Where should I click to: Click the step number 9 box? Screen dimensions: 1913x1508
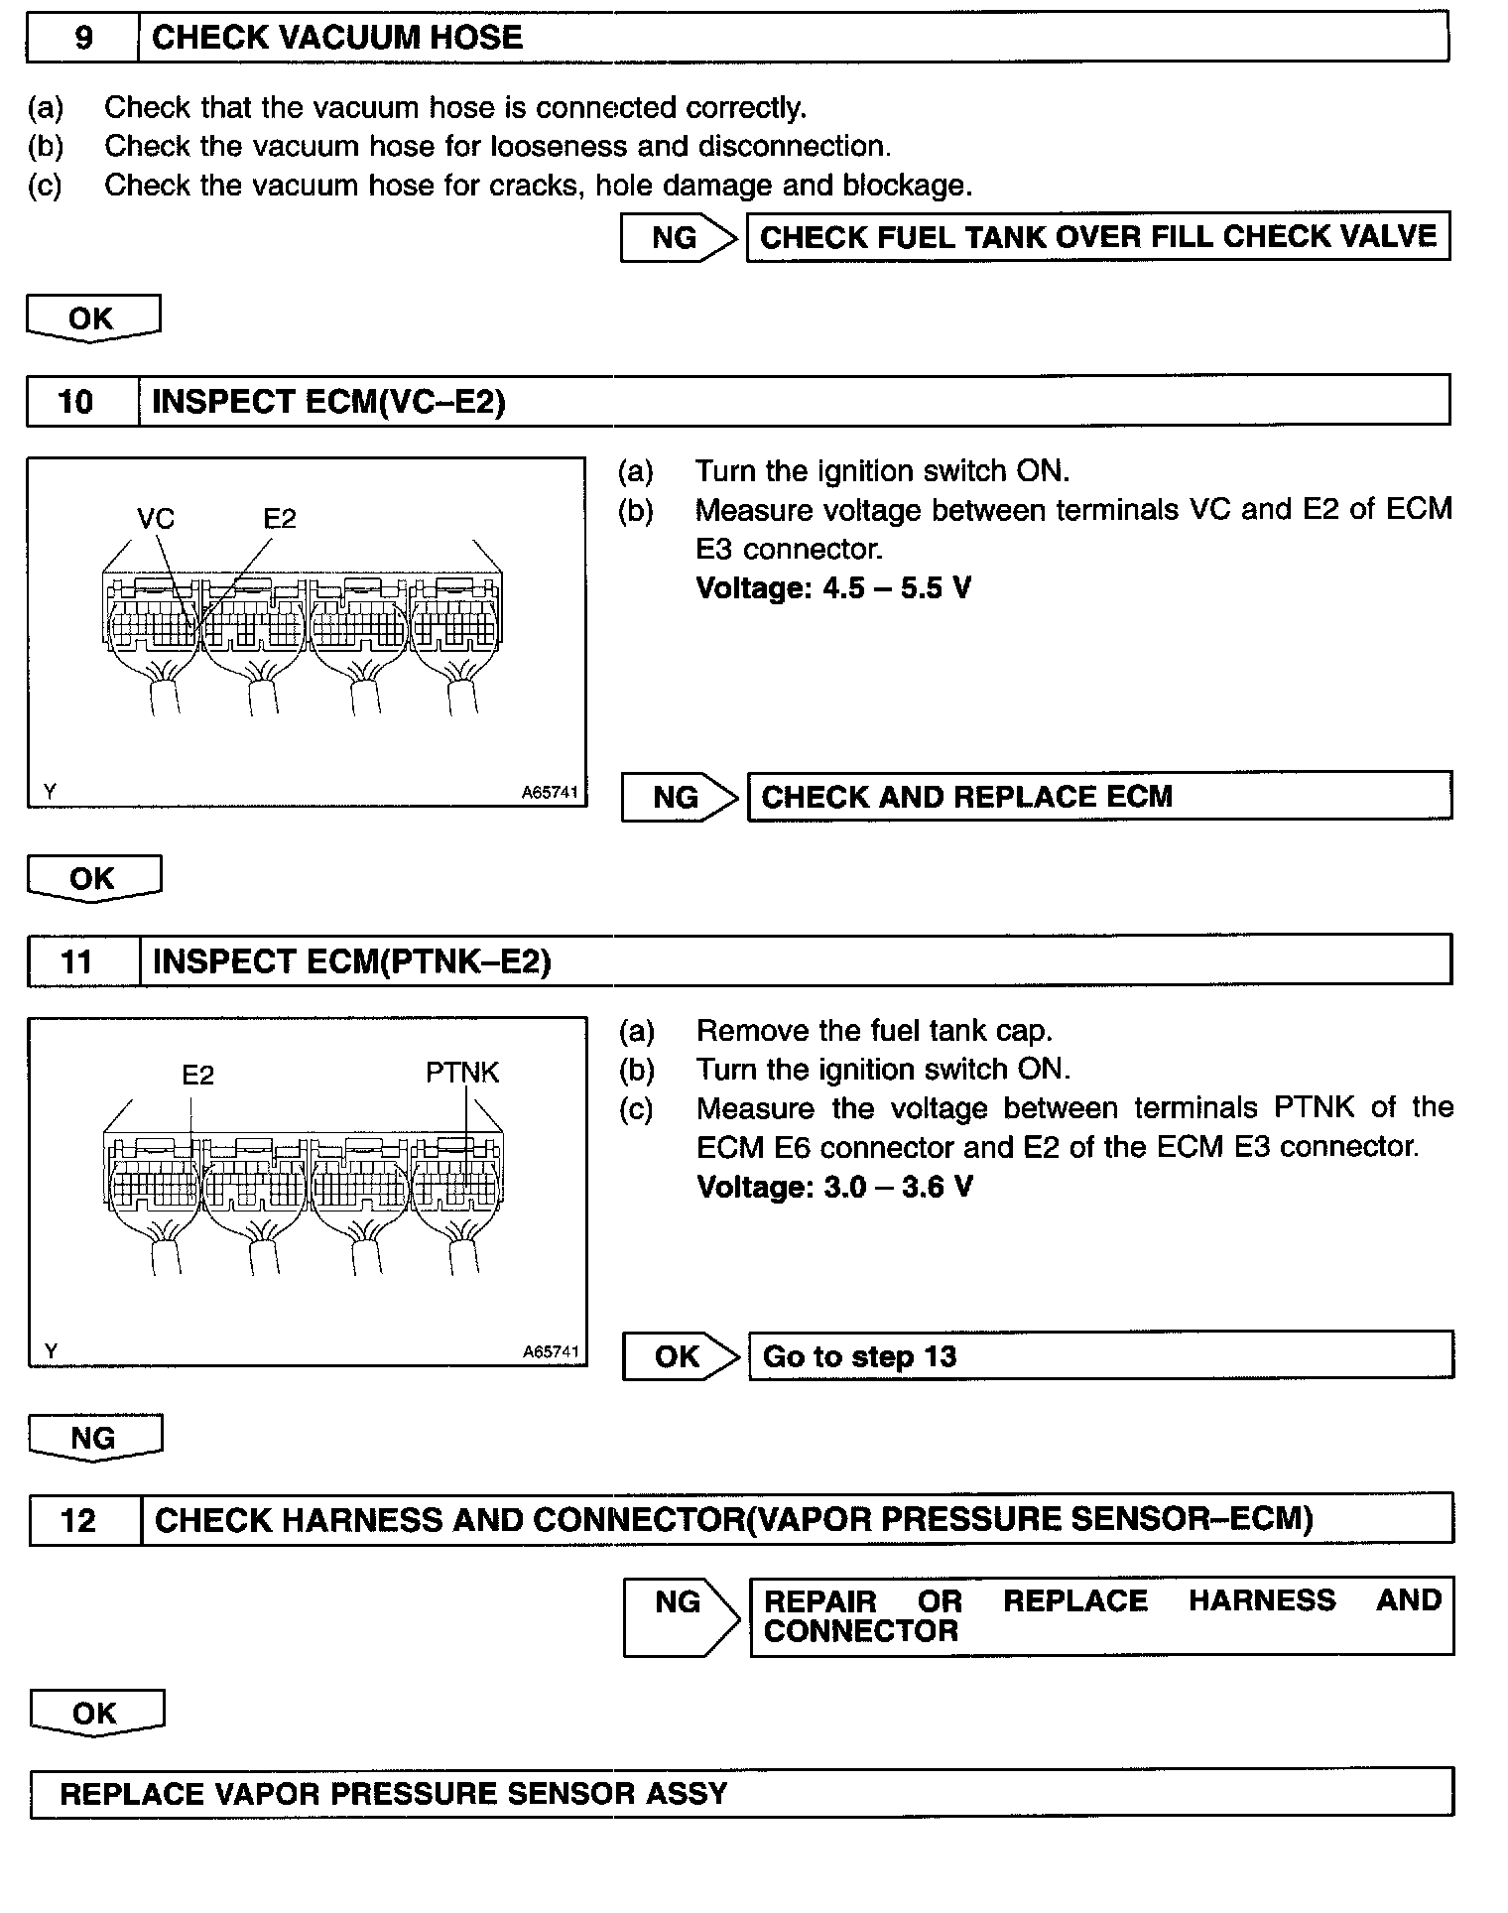[83, 39]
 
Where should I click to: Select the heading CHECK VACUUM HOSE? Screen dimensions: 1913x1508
[337, 39]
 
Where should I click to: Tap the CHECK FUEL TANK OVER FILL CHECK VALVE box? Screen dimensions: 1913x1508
[1097, 237]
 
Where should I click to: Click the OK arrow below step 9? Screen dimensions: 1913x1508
[92, 319]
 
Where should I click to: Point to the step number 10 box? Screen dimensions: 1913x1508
[77, 402]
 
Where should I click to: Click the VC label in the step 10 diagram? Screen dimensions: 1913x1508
[155, 518]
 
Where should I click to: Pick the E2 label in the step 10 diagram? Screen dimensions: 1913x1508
[279, 518]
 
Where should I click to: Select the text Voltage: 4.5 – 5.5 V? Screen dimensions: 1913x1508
[833, 588]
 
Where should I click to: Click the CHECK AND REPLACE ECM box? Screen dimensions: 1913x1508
[1099, 797]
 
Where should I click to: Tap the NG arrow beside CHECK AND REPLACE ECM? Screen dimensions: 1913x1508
[679, 798]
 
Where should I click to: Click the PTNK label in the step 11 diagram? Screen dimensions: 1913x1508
[461, 1073]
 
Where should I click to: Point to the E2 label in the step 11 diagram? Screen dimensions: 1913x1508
[197, 1075]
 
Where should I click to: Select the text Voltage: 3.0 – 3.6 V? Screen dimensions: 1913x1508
[834, 1187]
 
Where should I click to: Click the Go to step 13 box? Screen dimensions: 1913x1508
[1100, 1356]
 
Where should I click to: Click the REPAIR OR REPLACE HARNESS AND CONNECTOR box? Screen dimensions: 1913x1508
[1101, 1616]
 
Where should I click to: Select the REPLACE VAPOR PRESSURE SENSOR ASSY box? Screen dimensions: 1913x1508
[741, 1793]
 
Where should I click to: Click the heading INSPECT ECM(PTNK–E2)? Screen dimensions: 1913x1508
[351, 961]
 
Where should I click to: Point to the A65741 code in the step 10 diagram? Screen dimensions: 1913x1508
[549, 793]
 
